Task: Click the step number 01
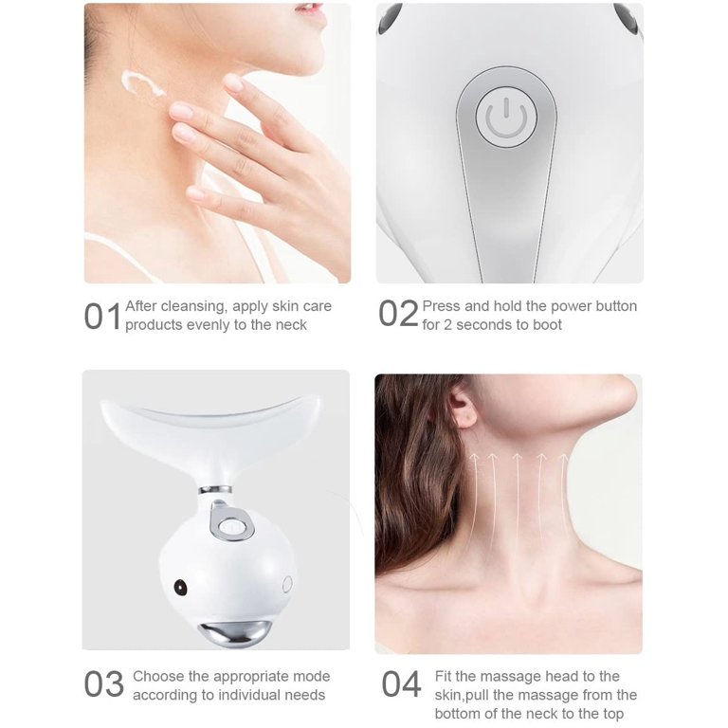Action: coord(102,316)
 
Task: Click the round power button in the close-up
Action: coord(506,117)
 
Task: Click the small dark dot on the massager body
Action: coord(181,588)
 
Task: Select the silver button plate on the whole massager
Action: coord(227,519)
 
